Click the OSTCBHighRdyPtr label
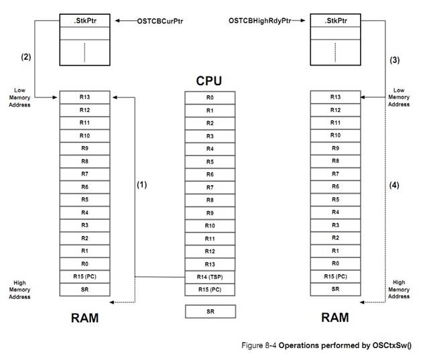[261, 21]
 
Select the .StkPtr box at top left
[84, 21]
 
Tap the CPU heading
[209, 81]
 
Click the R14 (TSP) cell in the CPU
[210, 276]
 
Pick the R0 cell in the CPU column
[210, 97]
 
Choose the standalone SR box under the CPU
[210, 311]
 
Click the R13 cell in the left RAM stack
[84, 97]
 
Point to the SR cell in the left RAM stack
[84, 289]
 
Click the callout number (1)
[141, 183]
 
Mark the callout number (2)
[26, 56]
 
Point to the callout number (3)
[394, 60]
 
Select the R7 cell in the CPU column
[210, 186]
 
